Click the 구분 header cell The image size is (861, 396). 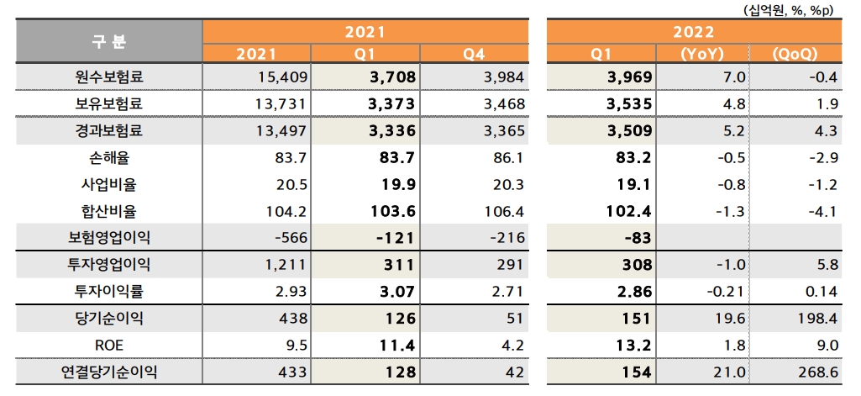(109, 41)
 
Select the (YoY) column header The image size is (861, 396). (701, 54)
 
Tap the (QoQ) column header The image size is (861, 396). (794, 54)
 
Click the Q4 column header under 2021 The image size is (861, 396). (474, 54)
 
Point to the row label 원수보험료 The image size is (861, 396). (109, 77)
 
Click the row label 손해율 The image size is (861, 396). (109, 157)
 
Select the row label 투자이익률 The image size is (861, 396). (109, 291)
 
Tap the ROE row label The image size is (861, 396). (109, 345)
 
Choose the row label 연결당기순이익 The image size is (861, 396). (109, 372)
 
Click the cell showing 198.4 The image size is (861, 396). (818, 318)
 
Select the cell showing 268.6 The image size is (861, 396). (818, 372)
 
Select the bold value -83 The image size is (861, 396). (639, 237)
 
